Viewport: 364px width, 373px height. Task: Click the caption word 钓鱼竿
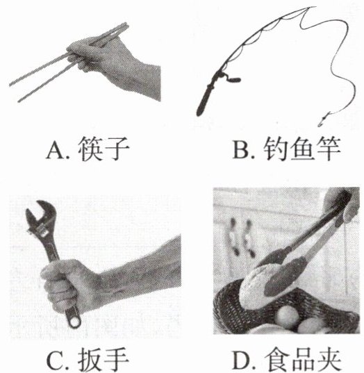301,149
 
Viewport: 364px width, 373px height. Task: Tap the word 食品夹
302,360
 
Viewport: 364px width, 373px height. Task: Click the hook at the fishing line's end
323,119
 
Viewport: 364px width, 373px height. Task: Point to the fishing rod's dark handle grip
204,101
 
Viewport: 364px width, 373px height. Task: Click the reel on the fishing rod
229,78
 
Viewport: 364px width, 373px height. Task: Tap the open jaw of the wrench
38,214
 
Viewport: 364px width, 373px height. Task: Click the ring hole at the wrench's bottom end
75,322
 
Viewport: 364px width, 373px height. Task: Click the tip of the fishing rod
313,7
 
